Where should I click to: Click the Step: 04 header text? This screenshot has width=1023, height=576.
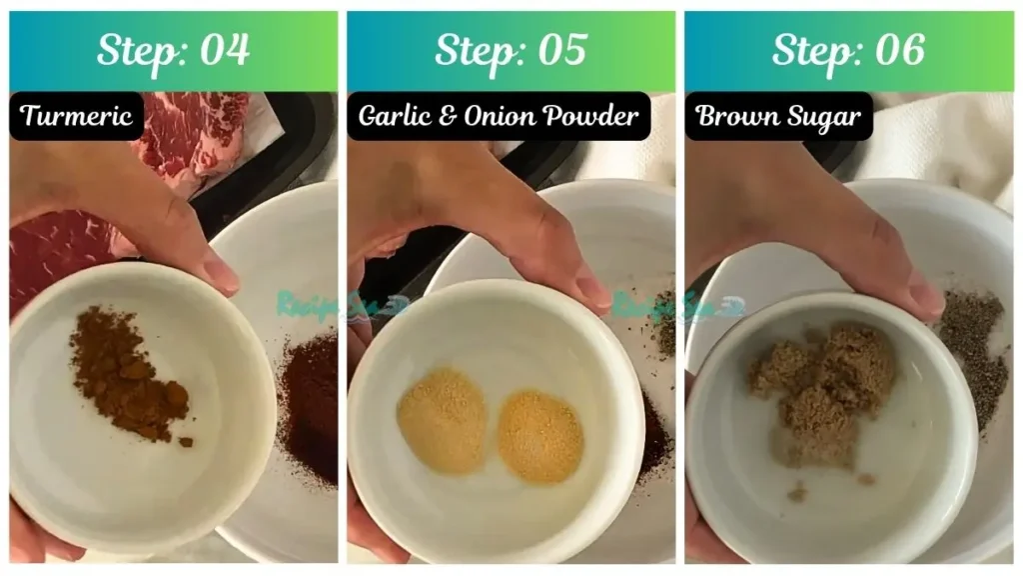click(x=173, y=51)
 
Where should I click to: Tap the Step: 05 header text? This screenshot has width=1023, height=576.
click(x=511, y=51)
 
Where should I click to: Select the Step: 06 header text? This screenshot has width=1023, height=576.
click(x=848, y=51)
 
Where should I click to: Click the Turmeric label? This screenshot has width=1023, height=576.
click(x=76, y=116)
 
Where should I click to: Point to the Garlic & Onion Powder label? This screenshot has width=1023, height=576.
click(x=499, y=116)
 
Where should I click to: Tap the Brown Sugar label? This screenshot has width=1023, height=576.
click(x=778, y=116)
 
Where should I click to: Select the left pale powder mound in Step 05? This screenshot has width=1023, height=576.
click(x=441, y=420)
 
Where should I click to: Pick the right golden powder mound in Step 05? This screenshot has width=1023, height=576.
click(x=539, y=436)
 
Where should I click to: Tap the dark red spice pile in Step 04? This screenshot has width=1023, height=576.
click(x=310, y=400)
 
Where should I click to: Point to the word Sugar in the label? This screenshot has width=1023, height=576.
click(x=825, y=116)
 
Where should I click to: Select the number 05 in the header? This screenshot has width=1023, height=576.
click(x=560, y=51)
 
